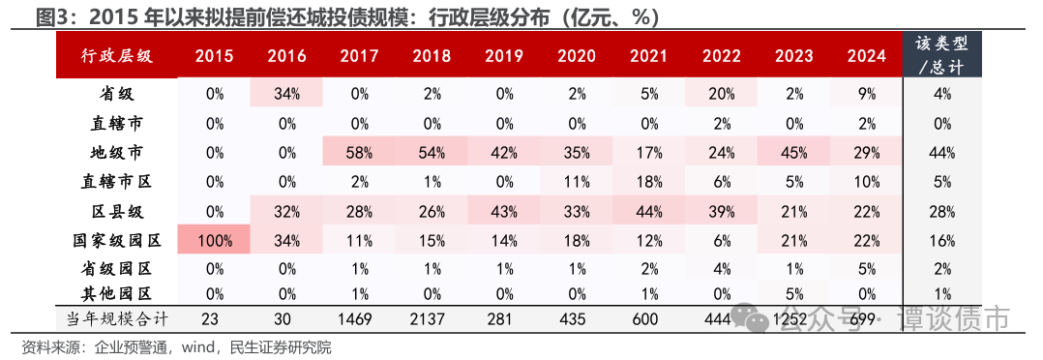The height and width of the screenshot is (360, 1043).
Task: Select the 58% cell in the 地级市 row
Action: pyautogui.click(x=359, y=152)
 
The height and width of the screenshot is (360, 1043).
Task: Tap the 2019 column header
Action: pyautogui.click(x=503, y=56)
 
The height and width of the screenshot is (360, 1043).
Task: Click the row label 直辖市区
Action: pyautogui.click(x=115, y=180)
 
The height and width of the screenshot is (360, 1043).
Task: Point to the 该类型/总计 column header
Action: pyautogui.click(x=942, y=55)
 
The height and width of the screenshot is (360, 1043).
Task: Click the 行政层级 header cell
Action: pyautogui.click(x=115, y=56)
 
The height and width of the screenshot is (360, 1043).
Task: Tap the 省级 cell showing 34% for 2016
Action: pyautogui.click(x=286, y=94)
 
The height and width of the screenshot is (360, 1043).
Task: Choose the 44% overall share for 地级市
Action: pyautogui.click(x=942, y=152)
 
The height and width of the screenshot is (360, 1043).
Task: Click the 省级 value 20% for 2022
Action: pyautogui.click(x=720, y=94)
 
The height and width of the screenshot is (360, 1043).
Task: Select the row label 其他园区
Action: pyautogui.click(x=115, y=293)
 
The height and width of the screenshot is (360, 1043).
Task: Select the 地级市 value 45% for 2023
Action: pyautogui.click(x=792, y=152)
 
